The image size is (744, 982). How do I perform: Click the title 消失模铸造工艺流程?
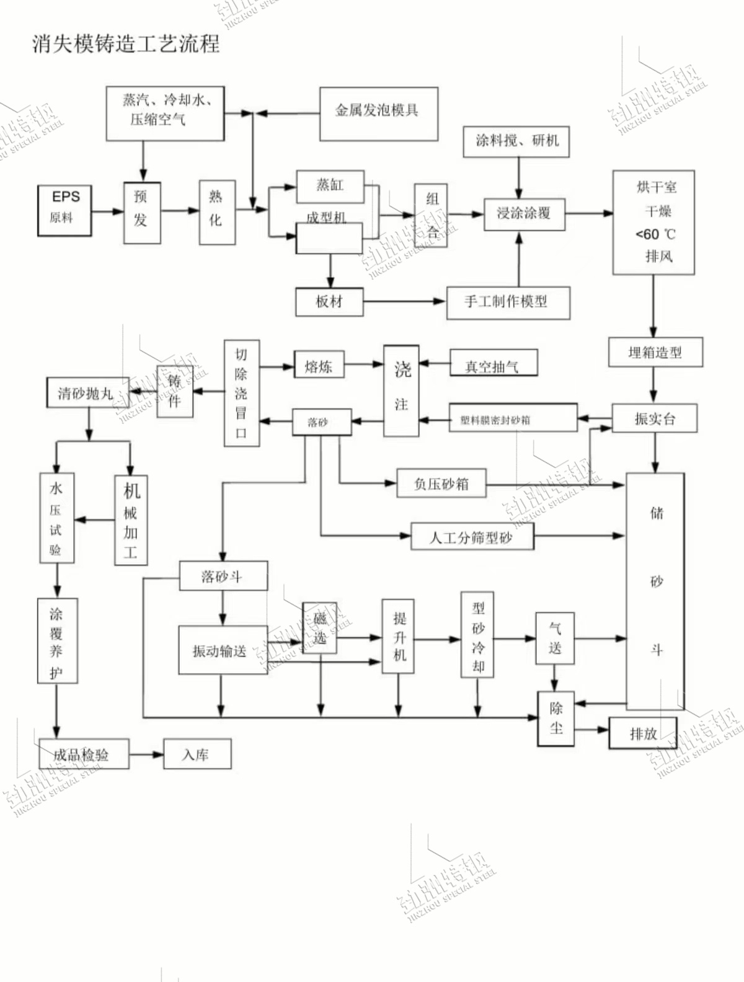126,44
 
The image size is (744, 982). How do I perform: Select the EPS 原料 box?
64,210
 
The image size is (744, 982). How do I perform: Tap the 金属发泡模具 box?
378,114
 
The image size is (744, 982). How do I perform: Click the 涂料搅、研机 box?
516,141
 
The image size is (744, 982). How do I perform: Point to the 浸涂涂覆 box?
524,213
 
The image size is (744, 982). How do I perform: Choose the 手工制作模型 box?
508,303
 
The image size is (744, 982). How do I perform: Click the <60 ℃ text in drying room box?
655,234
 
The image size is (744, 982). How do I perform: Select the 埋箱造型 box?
655,353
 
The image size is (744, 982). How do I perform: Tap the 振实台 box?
654,418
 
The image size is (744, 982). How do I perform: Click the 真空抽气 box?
493,365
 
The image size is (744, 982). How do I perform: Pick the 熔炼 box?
319,366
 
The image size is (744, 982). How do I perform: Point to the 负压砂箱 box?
441,484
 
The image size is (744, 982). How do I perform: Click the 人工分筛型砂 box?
472,537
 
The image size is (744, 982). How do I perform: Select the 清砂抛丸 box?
87,393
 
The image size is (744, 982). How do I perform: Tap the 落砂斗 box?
223,576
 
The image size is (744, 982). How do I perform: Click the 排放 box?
643,733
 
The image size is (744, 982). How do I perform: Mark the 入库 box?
197,754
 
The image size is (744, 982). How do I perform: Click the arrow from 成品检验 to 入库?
146,754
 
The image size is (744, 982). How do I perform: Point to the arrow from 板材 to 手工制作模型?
404,302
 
